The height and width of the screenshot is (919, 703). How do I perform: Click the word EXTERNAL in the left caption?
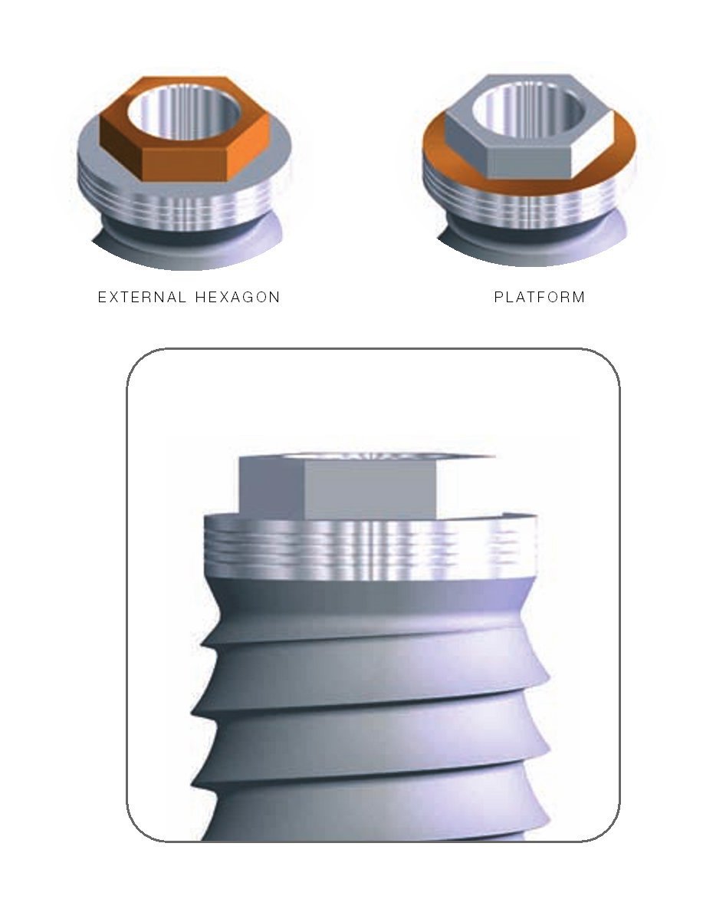(141, 297)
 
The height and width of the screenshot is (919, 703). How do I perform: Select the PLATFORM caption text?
(539, 297)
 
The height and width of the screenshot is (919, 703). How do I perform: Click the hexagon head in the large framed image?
(360, 487)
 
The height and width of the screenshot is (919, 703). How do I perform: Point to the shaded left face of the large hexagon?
(272, 487)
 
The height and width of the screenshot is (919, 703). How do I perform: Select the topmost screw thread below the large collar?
(368, 614)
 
